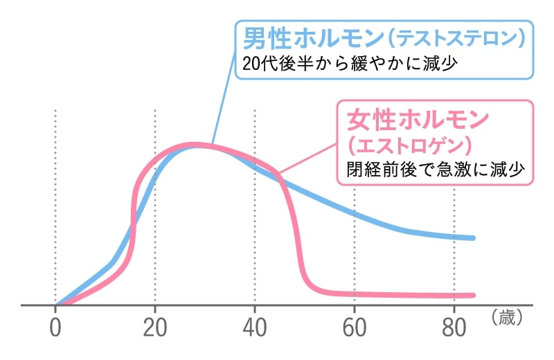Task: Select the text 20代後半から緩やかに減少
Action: [x=352, y=63]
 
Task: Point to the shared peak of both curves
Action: [x=197, y=145]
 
